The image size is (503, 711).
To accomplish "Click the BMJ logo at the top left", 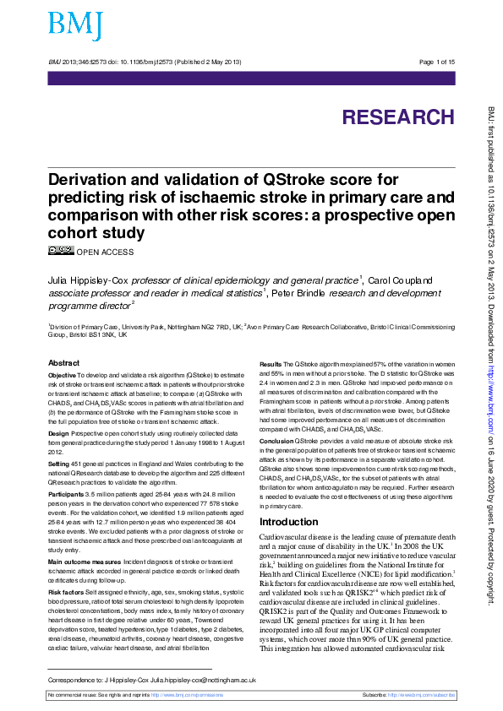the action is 74,26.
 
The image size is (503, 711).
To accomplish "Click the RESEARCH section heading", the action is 397,117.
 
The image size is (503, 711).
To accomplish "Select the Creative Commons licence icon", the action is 61,250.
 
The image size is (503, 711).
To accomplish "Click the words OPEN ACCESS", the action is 105,252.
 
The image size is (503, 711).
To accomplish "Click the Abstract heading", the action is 64,362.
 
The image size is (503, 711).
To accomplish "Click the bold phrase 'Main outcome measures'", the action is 85,561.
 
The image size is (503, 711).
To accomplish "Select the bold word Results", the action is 271,363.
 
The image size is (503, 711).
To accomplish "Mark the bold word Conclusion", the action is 276,441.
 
